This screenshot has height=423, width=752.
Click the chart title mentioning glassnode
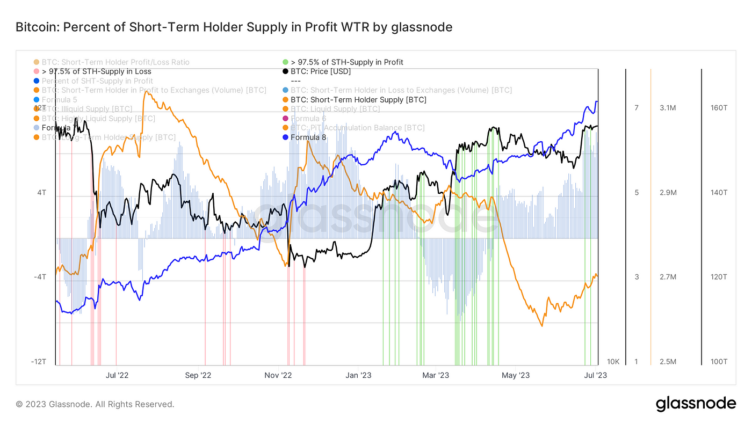pos(234,27)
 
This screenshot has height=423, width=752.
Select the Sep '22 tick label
pos(199,375)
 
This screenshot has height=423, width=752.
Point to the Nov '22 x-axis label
pos(279,375)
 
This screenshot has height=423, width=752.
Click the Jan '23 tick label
pos(358,375)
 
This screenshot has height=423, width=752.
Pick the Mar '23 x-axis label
pos(436,375)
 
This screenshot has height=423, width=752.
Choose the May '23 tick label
pos(516,375)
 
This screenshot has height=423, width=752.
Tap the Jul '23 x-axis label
pos(595,375)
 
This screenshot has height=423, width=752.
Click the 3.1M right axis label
pos(668,108)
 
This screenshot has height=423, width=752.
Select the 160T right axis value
pos(719,108)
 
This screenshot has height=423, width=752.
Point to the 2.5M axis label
pos(668,362)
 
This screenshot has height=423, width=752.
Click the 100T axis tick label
pos(719,362)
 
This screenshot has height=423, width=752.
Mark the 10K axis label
pos(613,362)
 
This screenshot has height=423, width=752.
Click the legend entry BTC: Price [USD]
pos(321,71)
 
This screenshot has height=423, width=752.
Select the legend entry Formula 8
pos(308,137)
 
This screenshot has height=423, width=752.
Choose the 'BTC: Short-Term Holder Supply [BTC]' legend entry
pos(358,100)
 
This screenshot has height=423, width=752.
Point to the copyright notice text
pos(95,404)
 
